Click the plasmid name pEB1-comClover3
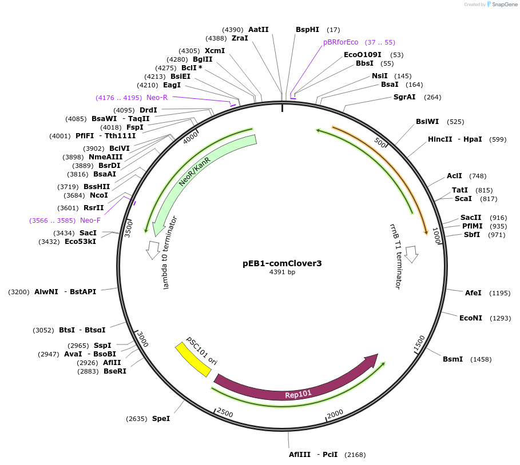(282, 263)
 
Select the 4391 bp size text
(282, 272)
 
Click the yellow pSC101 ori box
(193, 358)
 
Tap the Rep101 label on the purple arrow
(299, 394)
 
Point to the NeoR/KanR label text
(194, 171)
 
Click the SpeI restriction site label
(161, 419)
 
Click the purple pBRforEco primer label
(340, 42)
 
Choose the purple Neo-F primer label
(90, 221)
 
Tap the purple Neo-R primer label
(157, 98)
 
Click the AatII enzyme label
(258, 30)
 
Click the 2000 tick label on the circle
(335, 414)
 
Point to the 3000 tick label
(142, 339)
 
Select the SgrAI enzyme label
(404, 97)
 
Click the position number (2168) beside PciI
(353, 455)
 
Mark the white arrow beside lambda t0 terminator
(153, 249)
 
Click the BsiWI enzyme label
(427, 122)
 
